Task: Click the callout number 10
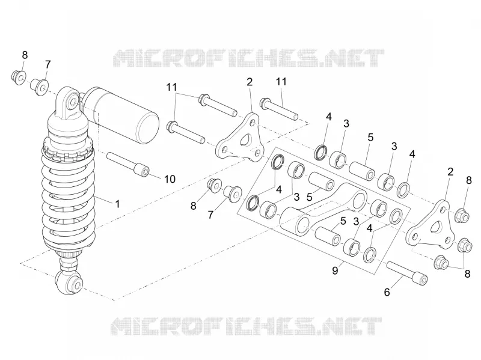tap(170, 178)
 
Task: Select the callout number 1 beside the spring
tap(117, 204)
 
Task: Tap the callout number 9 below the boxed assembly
tap(335, 270)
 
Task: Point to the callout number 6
tap(387, 292)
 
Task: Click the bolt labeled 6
tap(407, 273)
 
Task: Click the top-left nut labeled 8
tap(19, 78)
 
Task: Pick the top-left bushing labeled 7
tap(39, 87)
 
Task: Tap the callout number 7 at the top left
tap(47, 65)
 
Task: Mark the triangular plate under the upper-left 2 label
tap(240, 138)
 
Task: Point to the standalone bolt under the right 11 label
tap(279, 109)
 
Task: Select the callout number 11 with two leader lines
tap(171, 87)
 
